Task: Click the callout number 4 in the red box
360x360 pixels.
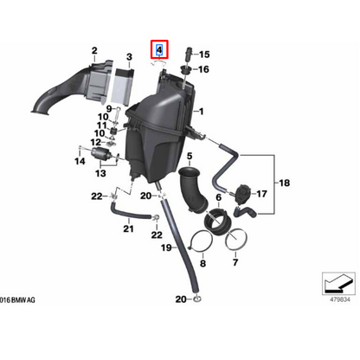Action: coord(159,50)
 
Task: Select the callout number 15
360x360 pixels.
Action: coord(204,55)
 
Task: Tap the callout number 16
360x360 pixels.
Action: coord(203,69)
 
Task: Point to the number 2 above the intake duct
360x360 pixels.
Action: coord(94,51)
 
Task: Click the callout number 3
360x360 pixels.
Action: coord(129,57)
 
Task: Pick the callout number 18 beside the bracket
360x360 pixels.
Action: coord(284,183)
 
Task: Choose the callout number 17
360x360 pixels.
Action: coord(261,194)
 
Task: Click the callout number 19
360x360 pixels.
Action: coord(166,247)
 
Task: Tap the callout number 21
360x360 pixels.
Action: coord(128,228)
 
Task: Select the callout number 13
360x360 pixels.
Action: coord(100,173)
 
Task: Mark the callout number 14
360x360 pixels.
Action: coord(80,161)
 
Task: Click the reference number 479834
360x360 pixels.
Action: coord(340,299)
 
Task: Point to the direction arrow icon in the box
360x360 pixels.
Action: coord(338,284)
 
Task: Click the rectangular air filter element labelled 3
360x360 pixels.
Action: coord(122,87)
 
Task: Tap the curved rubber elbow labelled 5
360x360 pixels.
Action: coord(193,190)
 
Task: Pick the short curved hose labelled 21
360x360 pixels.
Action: coord(130,213)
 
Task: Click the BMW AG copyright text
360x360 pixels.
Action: coord(17,300)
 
